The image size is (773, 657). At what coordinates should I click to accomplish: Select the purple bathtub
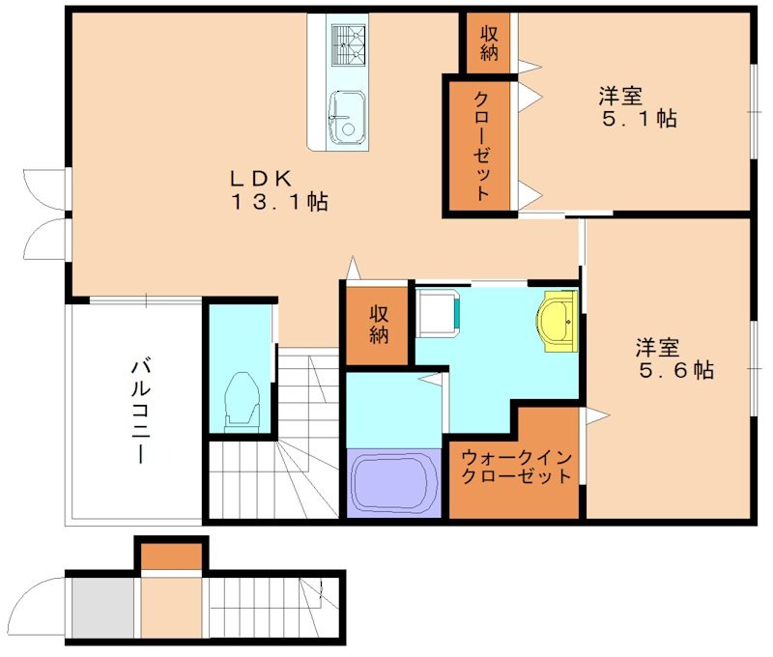pos(394,484)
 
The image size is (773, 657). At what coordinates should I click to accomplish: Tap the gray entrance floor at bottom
pos(102,607)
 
